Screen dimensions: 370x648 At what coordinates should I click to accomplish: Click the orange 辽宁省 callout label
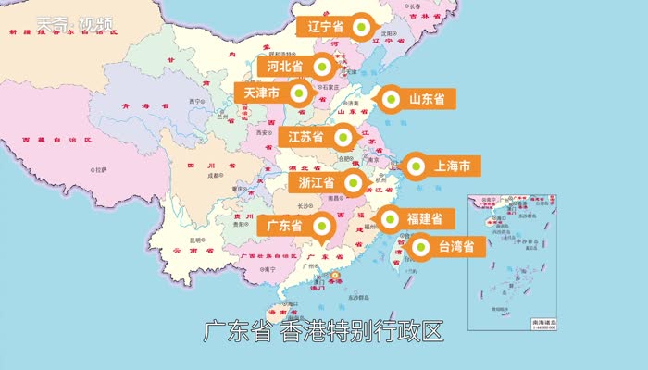point(325,27)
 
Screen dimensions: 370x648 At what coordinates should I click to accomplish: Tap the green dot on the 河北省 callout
point(321,67)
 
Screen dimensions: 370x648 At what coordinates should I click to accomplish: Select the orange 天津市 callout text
point(263,93)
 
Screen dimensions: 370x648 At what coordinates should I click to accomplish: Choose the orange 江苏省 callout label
point(305,138)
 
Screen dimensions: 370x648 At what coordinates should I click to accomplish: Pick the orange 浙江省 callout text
point(317,182)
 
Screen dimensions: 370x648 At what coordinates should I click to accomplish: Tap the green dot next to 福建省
point(389,219)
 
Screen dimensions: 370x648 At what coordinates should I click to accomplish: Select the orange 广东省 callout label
point(284,226)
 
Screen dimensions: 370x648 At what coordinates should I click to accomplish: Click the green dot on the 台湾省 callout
point(420,247)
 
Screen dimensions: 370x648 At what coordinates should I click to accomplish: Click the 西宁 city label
point(194,100)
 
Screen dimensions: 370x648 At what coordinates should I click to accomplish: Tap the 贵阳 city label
point(240,223)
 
